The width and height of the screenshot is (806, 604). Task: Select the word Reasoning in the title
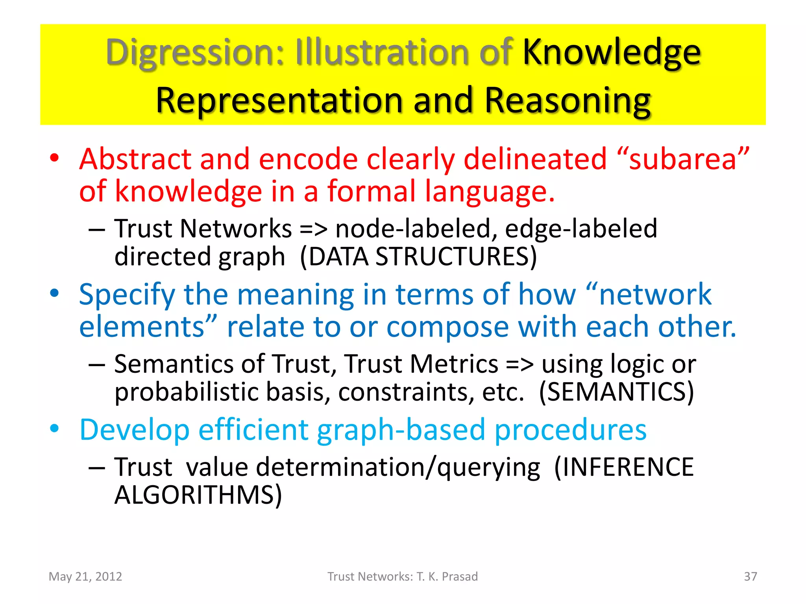point(567,101)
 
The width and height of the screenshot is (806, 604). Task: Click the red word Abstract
point(135,159)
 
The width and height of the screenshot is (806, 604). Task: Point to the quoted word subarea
point(683,159)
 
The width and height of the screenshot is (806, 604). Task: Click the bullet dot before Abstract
point(54,158)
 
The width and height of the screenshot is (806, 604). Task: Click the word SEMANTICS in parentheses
point(616,392)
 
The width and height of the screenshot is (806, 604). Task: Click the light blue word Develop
point(135,430)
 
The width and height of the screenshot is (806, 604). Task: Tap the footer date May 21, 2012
point(85,576)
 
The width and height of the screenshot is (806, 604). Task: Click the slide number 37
point(750,576)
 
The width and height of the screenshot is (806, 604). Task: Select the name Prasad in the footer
point(460,576)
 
